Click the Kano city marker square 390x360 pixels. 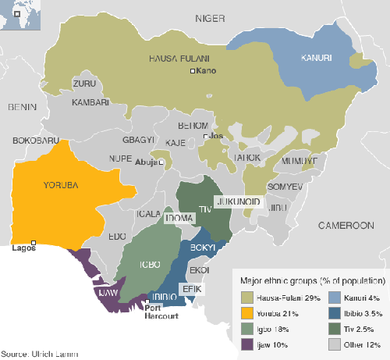(x=193, y=72)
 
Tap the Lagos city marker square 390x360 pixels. (x=34, y=242)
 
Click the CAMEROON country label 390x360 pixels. (x=346, y=225)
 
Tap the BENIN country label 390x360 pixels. (x=24, y=106)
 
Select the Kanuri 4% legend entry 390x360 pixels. (x=339, y=298)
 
